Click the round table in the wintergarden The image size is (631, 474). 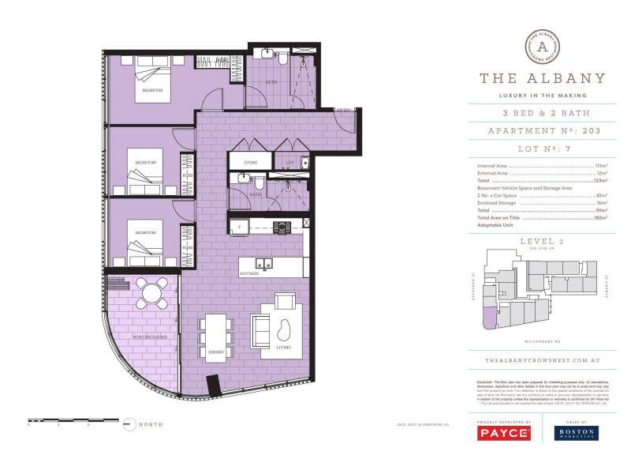151,293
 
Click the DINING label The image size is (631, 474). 217,352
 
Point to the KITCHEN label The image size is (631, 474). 251,274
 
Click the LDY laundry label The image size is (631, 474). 289,164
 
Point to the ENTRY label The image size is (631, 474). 344,109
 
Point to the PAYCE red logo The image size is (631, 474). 503,433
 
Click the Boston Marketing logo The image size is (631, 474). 576,433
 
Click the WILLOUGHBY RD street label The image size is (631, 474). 543,340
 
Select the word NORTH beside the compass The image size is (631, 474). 150,424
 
